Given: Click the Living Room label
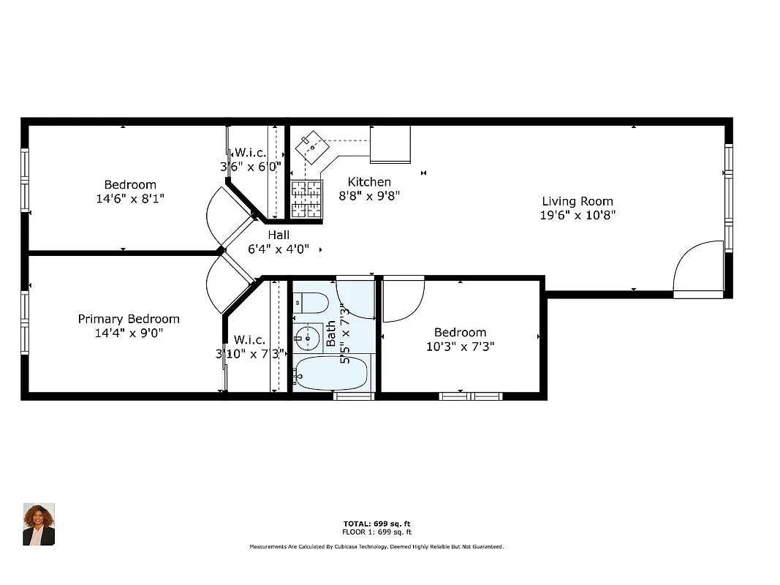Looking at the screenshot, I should [x=577, y=201].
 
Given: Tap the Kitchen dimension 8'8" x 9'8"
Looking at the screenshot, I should [x=369, y=196].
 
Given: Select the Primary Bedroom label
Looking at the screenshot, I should [x=129, y=319].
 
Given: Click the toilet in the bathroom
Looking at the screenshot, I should [x=311, y=302].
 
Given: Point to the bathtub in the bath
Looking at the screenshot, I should [x=332, y=374].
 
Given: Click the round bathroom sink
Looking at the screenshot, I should [x=308, y=336].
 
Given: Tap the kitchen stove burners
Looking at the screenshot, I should [x=306, y=200].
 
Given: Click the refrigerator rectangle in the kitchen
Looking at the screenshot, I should [x=390, y=144].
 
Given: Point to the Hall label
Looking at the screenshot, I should [x=278, y=235].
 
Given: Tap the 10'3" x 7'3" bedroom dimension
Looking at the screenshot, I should [x=461, y=347].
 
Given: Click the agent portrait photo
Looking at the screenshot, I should [x=39, y=524].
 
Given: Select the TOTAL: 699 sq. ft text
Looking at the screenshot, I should [x=376, y=524].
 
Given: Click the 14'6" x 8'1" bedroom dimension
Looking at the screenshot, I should [x=129, y=198].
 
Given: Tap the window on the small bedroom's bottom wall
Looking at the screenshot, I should [x=471, y=396].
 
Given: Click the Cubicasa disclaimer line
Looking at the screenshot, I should [x=376, y=547].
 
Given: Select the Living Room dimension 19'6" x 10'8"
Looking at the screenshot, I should [x=578, y=216].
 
